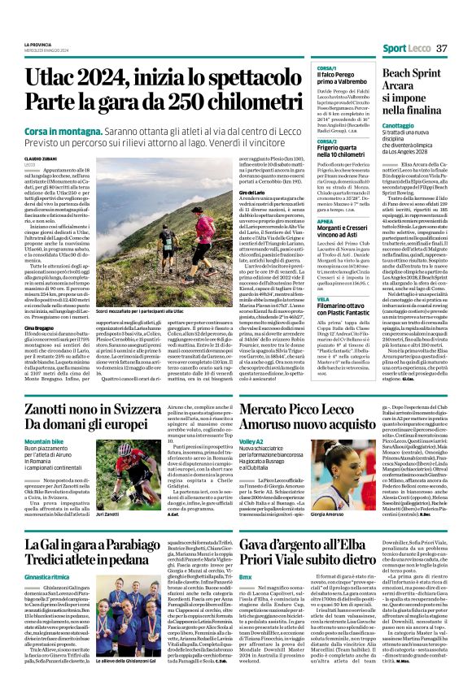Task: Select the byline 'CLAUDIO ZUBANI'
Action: coord(42,158)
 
